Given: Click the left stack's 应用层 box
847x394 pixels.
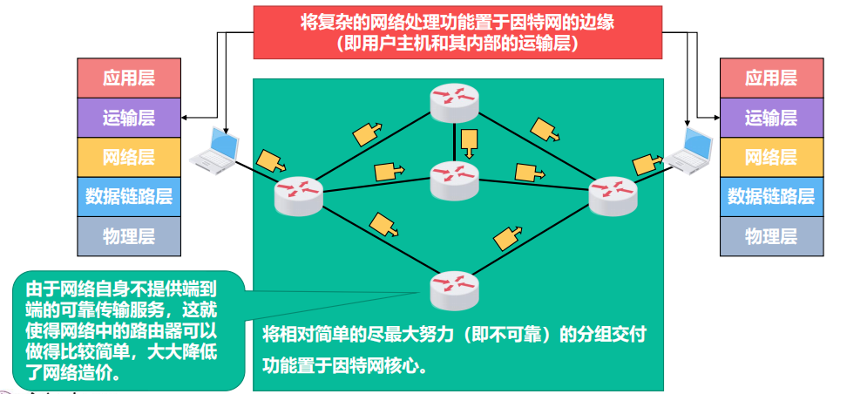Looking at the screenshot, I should [x=129, y=78].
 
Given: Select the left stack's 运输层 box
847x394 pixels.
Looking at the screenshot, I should [x=129, y=118].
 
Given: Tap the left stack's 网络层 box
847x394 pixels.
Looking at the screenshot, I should [x=129, y=158].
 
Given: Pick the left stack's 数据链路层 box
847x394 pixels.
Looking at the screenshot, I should [x=129, y=197].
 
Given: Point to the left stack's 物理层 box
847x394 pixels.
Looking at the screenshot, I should [x=129, y=236].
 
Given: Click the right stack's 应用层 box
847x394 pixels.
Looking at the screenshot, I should [x=771, y=78].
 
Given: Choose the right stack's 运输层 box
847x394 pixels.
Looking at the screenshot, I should [x=771, y=118].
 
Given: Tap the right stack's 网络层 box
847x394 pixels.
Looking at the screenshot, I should [x=771, y=158].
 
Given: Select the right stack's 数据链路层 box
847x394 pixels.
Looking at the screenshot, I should [x=771, y=197].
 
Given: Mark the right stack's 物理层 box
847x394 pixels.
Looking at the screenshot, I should [x=771, y=236].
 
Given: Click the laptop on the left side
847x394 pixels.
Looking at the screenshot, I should [x=214, y=149].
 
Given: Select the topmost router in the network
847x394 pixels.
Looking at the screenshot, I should [x=454, y=104].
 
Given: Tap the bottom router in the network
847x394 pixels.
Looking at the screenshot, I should [x=455, y=290].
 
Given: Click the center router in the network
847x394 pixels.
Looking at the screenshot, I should [x=454, y=180].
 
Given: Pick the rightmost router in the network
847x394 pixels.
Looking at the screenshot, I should [x=613, y=195].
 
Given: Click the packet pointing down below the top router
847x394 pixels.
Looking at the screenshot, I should [x=470, y=142].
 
